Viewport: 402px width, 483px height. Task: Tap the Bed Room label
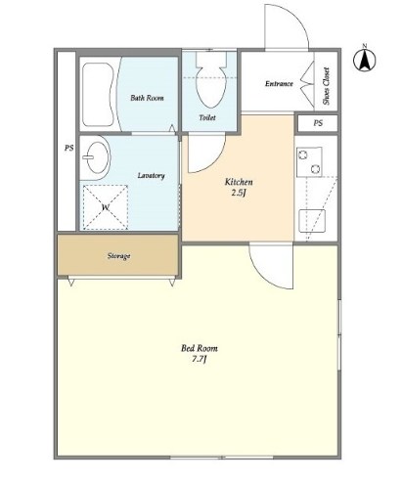pos(200,348)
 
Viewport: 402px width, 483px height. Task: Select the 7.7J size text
pos(200,360)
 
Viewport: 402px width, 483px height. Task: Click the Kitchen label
pos(239,182)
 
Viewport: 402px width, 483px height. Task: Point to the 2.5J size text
pos(239,193)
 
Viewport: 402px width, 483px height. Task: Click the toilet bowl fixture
pos(211,80)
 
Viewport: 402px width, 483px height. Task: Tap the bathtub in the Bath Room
pos(97,95)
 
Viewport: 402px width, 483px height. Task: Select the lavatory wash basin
pos(96,157)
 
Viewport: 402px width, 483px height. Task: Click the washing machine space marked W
pos(105,207)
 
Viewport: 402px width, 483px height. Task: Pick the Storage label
pos(118,256)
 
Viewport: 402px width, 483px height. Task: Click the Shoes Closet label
pos(326,86)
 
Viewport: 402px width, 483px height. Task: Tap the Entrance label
pos(279,84)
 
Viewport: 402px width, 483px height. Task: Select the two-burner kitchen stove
pos(309,161)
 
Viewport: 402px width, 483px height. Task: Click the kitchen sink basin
pos(312,221)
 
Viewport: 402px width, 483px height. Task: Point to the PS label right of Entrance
pos(318,123)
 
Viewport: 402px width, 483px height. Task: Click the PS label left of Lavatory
pos(68,149)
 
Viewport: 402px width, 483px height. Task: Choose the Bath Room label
pos(147,98)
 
